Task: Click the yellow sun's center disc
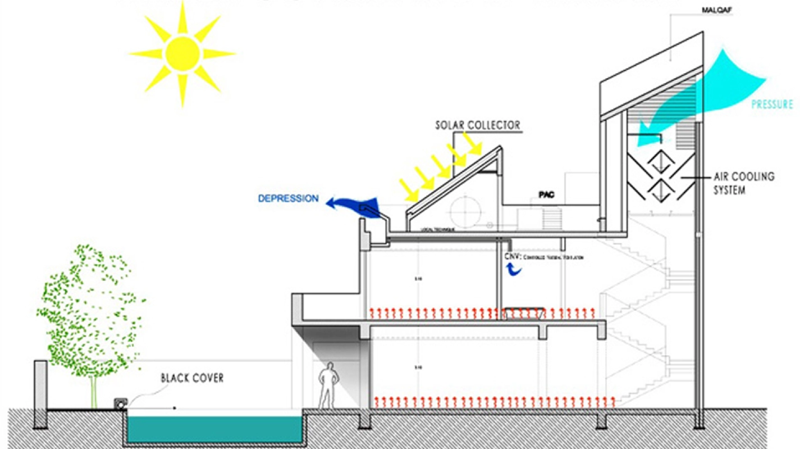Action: tap(182, 53)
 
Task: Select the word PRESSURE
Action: tap(772, 105)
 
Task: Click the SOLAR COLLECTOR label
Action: tap(478, 125)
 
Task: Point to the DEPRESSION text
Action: tap(288, 198)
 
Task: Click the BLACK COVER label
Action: tap(192, 378)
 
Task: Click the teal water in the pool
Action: tap(213, 428)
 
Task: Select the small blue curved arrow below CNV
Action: tap(514, 270)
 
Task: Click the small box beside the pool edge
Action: tap(121, 403)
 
